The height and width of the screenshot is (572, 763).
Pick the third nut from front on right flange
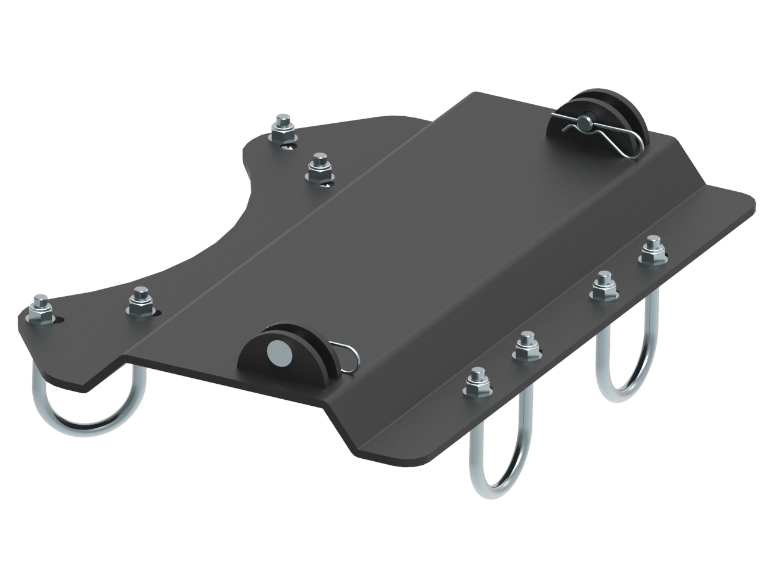pyautogui.click(x=604, y=288)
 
